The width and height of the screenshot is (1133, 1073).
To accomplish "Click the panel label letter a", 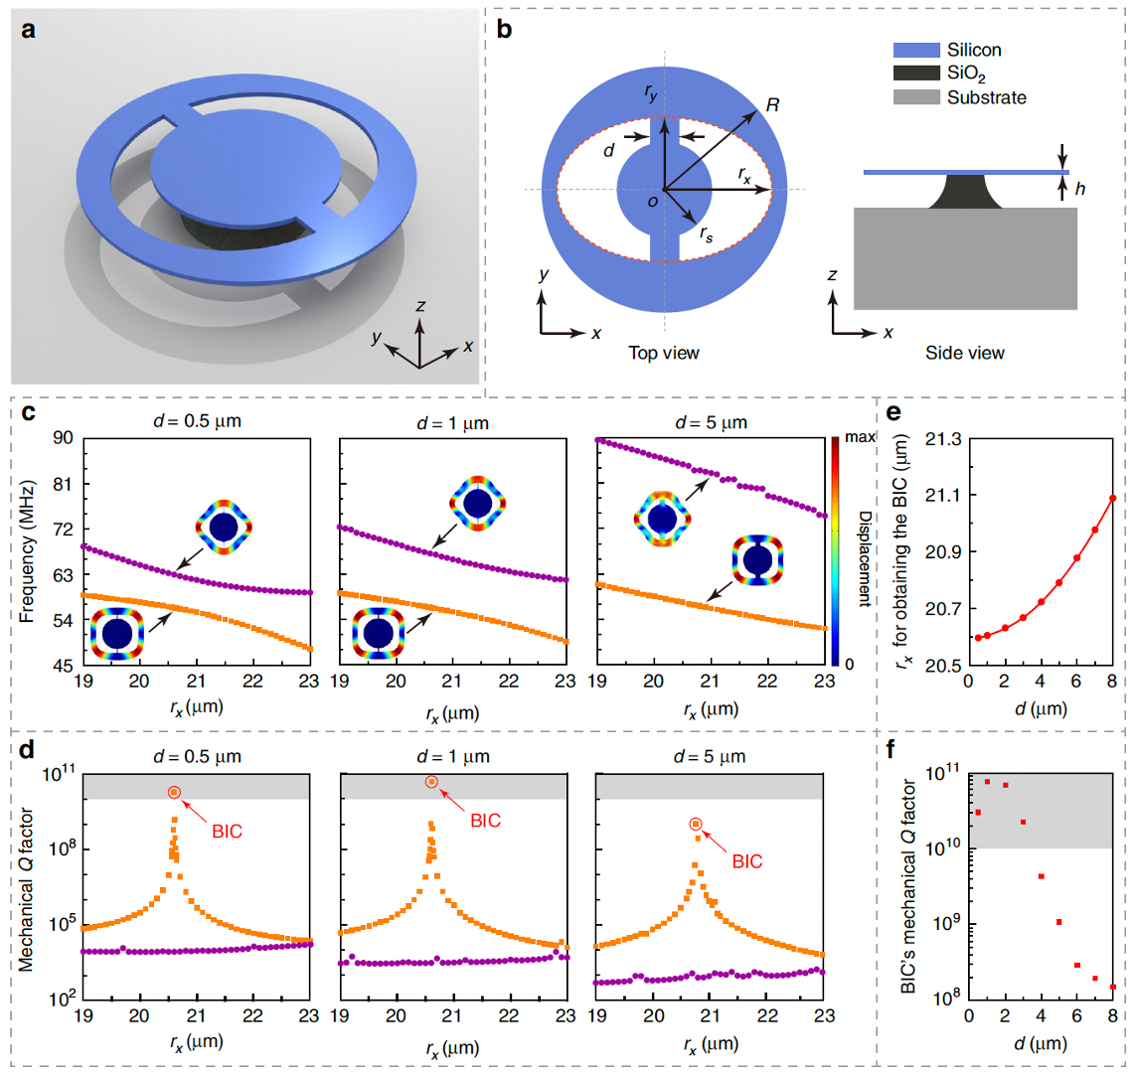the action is [28, 31].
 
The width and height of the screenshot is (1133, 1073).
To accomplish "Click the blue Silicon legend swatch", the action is [916, 50].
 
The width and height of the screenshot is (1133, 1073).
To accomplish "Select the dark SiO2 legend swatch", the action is [916, 73].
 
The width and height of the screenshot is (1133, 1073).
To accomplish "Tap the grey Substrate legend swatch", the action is [916, 96].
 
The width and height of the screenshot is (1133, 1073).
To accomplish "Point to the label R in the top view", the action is [772, 104].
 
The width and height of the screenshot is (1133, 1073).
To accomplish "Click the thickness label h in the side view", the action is [1079, 189].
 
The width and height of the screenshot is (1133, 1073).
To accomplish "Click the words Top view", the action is [663, 353].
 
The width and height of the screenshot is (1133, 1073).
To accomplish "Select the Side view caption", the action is [965, 353].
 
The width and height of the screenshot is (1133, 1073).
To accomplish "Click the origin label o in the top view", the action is [653, 203].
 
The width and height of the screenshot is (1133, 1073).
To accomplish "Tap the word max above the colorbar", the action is [860, 437].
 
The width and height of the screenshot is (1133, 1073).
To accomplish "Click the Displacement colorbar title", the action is [865, 558].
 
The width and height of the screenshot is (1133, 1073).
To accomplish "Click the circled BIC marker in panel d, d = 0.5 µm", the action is [173, 792].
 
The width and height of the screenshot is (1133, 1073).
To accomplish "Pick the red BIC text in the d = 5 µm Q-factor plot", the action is [747, 861].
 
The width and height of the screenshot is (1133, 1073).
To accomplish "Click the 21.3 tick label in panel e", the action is [944, 439].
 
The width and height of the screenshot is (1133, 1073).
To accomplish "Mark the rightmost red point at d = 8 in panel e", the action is [1113, 499].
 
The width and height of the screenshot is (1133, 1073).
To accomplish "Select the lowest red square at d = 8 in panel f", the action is [1113, 987].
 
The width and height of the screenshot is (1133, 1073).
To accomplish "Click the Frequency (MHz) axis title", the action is [26, 551].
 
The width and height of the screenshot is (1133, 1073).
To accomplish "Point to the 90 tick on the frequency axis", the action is [63, 438].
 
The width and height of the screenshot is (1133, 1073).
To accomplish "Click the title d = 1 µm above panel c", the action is [453, 422].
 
